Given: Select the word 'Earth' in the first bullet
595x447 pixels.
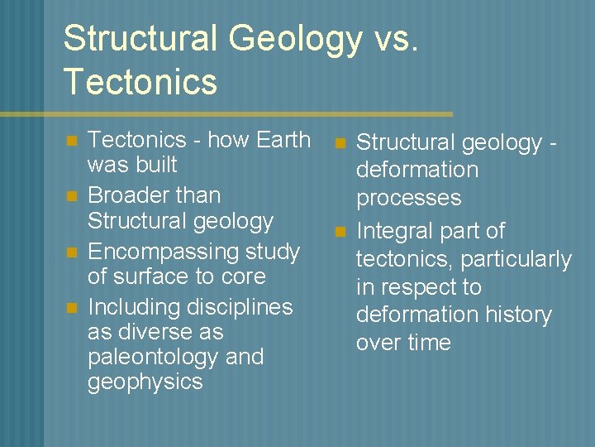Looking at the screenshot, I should [283, 139].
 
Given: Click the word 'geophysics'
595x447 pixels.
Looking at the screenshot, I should [145, 382].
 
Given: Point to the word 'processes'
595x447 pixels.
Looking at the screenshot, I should [408, 198].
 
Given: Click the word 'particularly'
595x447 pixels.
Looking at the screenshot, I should [516, 259].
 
